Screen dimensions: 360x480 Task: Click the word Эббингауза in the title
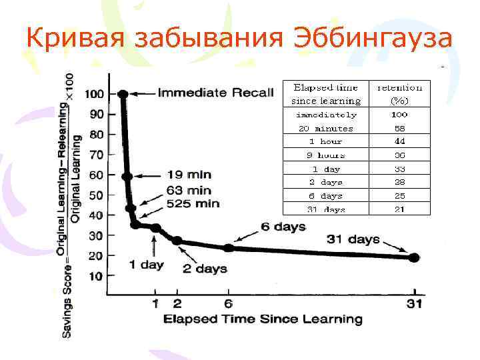point(373,39)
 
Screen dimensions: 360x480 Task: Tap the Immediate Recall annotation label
point(215,93)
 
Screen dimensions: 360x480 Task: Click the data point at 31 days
point(413,257)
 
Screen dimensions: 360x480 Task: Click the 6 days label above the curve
point(284,227)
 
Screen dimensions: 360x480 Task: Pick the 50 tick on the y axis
point(96,195)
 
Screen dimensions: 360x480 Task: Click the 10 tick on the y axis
point(96,276)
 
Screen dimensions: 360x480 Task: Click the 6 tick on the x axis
point(229,304)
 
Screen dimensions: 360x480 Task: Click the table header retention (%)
point(400,94)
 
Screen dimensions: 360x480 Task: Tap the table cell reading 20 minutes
point(326,128)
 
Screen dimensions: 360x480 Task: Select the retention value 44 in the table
point(400,141)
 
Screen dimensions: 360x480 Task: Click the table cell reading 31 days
point(326,210)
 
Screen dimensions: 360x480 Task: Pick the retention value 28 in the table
point(400,182)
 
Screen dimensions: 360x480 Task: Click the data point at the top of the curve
point(123,94)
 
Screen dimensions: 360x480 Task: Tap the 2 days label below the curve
point(206,269)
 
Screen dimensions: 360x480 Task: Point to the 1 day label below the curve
point(146,265)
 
